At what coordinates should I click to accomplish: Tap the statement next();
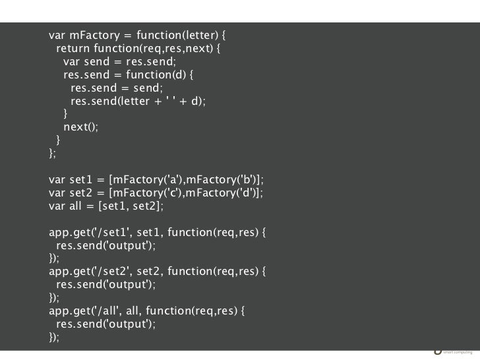pos(80,127)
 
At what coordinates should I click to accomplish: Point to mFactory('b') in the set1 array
pos(221,179)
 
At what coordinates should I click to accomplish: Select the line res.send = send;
pos(116,88)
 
